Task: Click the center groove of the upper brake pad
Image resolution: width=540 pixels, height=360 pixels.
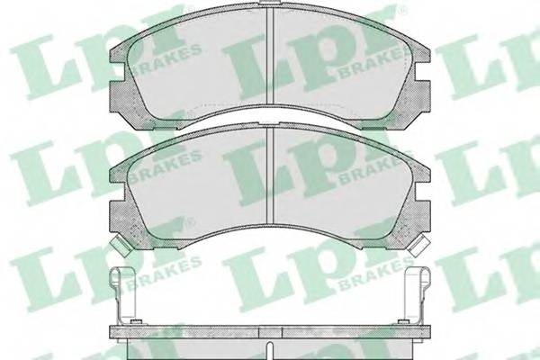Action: [270, 57]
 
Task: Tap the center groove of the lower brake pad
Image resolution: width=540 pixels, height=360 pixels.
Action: [270, 175]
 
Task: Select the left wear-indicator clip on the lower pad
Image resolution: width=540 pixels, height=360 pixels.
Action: [119, 246]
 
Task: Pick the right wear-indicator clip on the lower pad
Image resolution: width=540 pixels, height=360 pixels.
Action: [418, 246]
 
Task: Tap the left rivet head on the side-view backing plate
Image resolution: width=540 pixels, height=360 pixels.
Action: [137, 322]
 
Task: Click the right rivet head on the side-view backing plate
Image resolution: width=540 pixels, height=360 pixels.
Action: [402, 322]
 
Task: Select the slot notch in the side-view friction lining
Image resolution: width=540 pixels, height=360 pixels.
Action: [270, 351]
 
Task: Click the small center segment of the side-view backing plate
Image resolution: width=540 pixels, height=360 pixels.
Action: [270, 332]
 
